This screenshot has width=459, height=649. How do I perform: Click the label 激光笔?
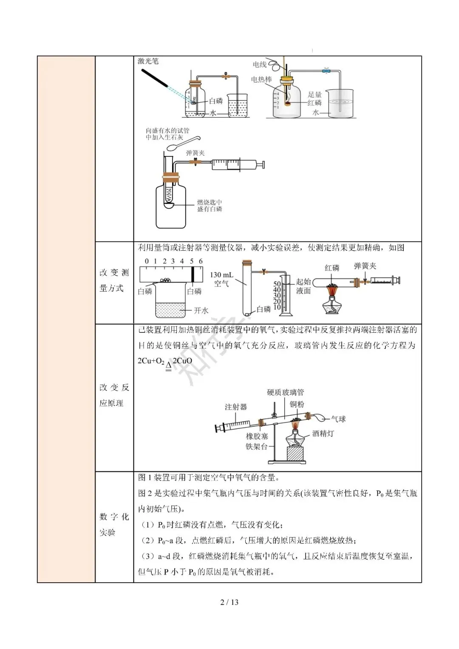click(x=148, y=61)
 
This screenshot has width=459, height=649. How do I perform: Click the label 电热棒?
click(x=261, y=79)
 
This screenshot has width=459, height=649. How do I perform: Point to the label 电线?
click(x=259, y=65)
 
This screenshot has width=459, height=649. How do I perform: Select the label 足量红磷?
click(x=315, y=99)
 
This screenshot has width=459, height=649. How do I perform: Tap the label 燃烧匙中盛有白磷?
click(x=210, y=206)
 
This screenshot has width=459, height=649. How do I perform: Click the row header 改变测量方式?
click(x=114, y=281)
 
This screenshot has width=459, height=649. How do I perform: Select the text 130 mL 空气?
click(x=221, y=279)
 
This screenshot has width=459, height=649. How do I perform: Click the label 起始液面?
click(x=303, y=286)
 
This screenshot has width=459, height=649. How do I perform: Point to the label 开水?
click(x=201, y=311)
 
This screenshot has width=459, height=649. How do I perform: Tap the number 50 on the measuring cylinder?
click(x=277, y=284)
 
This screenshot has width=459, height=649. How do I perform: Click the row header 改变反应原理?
click(x=114, y=395)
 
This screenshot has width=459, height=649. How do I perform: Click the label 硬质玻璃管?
click(x=285, y=392)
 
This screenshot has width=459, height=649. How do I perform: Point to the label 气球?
click(x=338, y=419)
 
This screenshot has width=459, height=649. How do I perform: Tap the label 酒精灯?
click(x=323, y=434)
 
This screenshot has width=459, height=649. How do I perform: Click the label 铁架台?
click(x=257, y=446)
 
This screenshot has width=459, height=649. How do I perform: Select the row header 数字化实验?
click(x=114, y=524)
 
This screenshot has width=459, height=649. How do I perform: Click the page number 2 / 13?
click(x=229, y=602)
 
